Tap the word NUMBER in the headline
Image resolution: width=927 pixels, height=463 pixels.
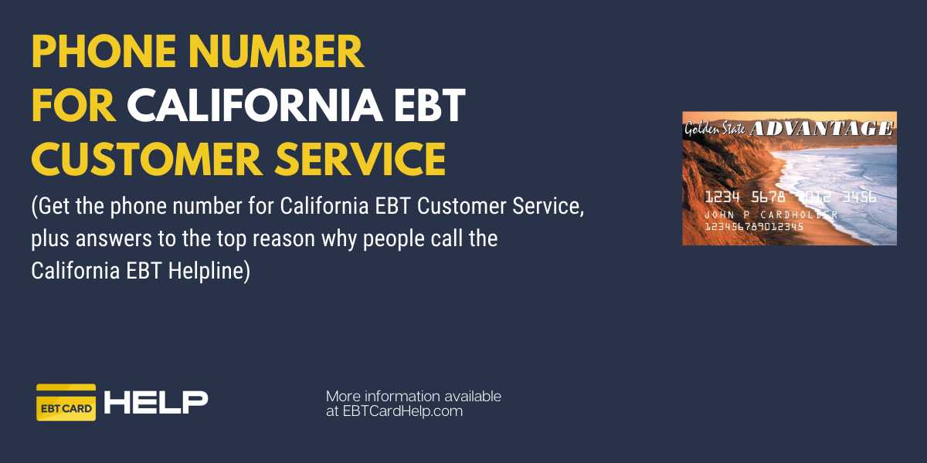tap(277, 52)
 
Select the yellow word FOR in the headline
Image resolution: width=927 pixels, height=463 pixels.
tap(73, 106)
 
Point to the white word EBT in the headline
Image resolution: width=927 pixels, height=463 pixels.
tap(430, 106)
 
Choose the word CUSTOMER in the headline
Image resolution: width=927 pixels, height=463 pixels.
tap(147, 159)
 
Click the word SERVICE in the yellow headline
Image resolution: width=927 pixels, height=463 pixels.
tap(360, 159)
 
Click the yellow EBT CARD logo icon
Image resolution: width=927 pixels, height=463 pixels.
tap(66, 402)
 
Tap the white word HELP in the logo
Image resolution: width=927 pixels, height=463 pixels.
tap(156, 402)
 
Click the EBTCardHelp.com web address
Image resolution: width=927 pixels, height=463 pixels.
tap(402, 411)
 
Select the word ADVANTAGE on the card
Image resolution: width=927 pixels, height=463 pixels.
tap(821, 129)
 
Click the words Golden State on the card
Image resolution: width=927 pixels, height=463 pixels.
tap(715, 129)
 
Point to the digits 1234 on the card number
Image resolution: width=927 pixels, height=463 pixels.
tap(722, 198)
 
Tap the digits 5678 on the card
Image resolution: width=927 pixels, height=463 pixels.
tap(768, 198)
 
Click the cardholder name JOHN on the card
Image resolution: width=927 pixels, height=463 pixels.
tap(719, 215)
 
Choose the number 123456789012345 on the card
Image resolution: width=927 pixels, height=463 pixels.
tap(754, 227)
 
